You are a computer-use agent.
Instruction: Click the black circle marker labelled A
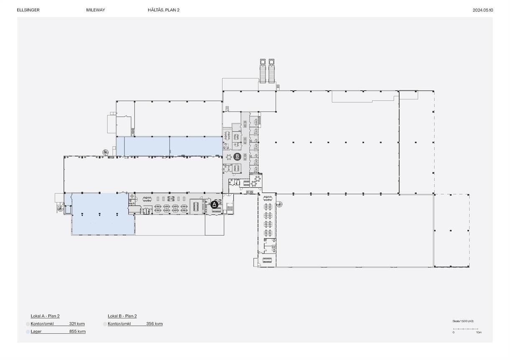pos(214,205)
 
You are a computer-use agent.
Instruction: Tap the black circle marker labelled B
pos(237,157)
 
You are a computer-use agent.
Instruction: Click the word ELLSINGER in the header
pos(28,10)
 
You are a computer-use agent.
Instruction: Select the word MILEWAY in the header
pos(96,10)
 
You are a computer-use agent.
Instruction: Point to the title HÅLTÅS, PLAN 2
pos(164,10)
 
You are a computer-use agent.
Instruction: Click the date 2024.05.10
pos(483,10)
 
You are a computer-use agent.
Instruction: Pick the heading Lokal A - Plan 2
pos(45,316)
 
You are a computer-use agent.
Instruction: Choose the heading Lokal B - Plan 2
pos(122,316)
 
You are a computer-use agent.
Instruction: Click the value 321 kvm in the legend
pos(77,324)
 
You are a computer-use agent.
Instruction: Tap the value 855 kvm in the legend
pos(77,331)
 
